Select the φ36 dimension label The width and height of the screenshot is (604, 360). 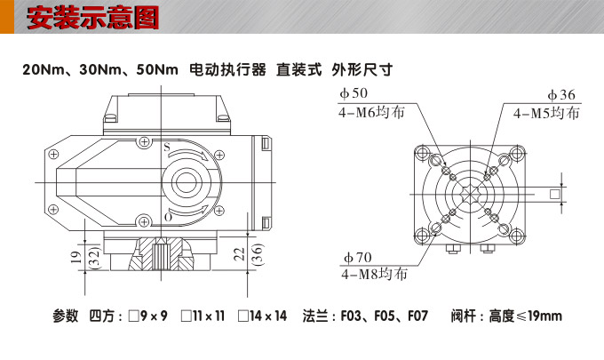[561, 94]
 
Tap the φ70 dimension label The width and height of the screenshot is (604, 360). [354, 257]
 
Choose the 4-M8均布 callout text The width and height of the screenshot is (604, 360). [374, 275]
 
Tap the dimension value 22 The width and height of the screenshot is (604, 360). [238, 255]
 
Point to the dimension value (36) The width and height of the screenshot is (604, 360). [257, 256]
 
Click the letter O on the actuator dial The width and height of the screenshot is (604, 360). [167, 217]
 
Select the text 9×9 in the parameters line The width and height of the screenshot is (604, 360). [155, 316]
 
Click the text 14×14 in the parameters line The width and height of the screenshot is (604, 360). [267, 316]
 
